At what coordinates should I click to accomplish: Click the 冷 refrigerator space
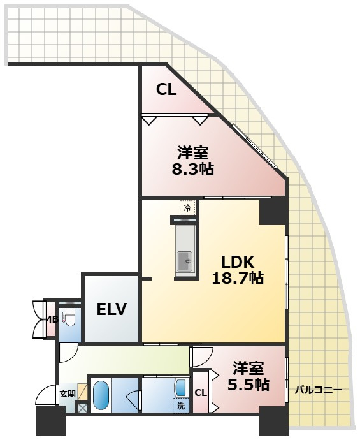[187, 208]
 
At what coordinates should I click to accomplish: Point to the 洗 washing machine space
[181, 406]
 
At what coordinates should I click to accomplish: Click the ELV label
[112, 309]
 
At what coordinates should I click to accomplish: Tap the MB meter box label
[52, 319]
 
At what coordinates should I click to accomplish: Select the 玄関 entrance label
[68, 393]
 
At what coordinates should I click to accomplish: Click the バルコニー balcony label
[318, 390]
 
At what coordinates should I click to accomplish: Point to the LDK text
[238, 262]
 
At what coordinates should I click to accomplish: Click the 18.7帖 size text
[238, 279]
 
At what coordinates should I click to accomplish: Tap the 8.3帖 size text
[193, 170]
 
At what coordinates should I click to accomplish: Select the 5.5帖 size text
[248, 385]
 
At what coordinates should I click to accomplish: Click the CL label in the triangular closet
[166, 90]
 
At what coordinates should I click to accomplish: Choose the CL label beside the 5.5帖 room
[201, 393]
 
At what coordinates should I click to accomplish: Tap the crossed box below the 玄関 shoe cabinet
[82, 407]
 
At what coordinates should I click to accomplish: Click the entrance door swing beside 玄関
[47, 395]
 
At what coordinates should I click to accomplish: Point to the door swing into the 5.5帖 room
[201, 356]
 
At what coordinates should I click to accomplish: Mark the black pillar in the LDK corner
[273, 211]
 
